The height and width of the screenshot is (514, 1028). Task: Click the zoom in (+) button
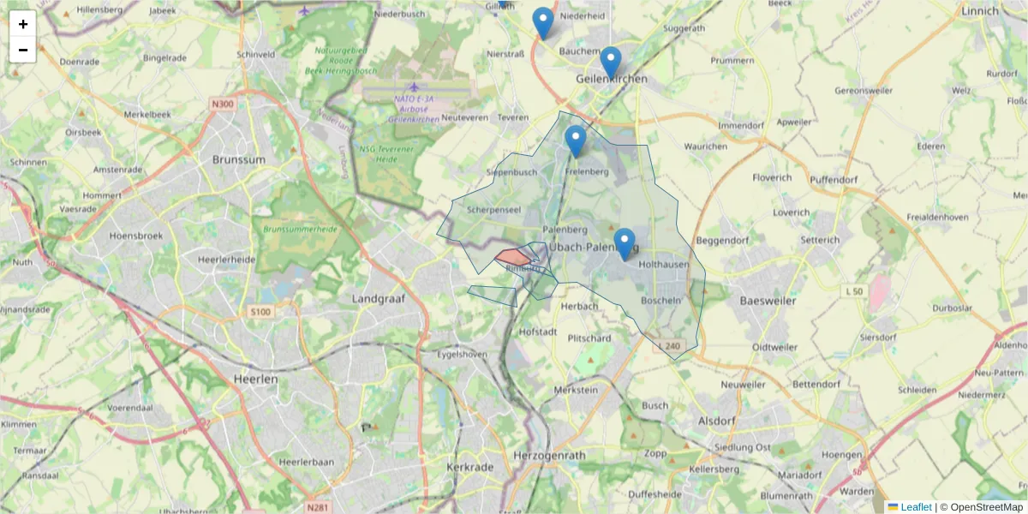click(23, 24)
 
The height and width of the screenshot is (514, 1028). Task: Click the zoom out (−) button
click(23, 50)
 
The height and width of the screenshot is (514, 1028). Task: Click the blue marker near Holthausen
click(625, 244)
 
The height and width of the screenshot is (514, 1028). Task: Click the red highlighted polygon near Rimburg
click(512, 256)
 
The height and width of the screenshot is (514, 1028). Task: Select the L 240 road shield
click(671, 346)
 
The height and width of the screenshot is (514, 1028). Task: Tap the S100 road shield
click(261, 312)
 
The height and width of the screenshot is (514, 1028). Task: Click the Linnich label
click(980, 11)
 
